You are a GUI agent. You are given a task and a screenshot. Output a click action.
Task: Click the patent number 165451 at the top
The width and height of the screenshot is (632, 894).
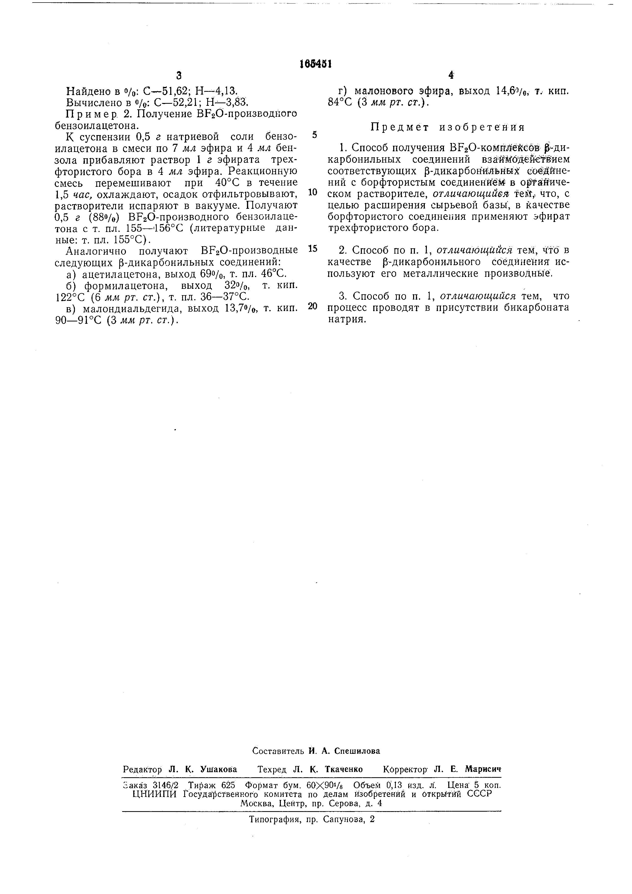coord(315,64)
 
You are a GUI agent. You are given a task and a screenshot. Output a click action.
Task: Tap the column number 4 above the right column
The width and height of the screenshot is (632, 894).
coord(451,75)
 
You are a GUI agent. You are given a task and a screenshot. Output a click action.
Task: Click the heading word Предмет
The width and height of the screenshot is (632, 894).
coord(396,127)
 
